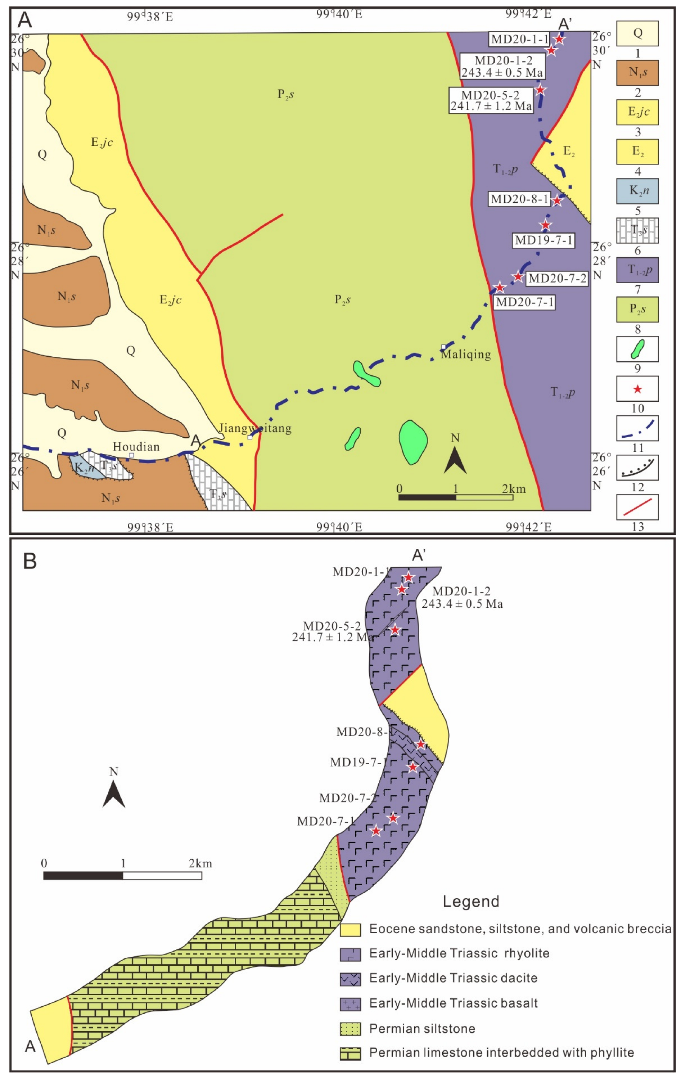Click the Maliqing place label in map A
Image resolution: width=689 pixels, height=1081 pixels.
click(466, 355)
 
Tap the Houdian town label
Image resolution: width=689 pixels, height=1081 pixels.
click(136, 447)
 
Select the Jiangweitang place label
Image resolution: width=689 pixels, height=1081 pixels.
click(255, 428)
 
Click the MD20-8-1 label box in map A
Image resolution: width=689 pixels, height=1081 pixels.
click(519, 199)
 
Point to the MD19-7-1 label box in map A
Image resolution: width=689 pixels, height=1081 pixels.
click(544, 240)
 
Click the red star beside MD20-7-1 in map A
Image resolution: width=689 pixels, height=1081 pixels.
click(499, 287)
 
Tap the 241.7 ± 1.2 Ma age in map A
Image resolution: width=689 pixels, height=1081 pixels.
click(491, 107)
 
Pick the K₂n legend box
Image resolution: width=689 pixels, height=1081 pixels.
click(637, 191)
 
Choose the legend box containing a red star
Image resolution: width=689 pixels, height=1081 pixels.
click(637, 389)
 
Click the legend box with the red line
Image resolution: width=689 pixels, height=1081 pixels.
click(637, 507)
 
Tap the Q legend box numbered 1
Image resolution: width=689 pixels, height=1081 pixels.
click(637, 33)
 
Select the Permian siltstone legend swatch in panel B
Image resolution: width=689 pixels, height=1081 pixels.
click(350, 1029)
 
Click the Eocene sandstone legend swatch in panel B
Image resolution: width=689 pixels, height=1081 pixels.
click(350, 930)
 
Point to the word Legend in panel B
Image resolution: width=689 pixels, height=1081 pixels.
click(471, 901)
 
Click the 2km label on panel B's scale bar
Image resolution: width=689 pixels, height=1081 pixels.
click(200, 863)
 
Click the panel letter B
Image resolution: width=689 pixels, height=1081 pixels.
click(30, 561)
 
